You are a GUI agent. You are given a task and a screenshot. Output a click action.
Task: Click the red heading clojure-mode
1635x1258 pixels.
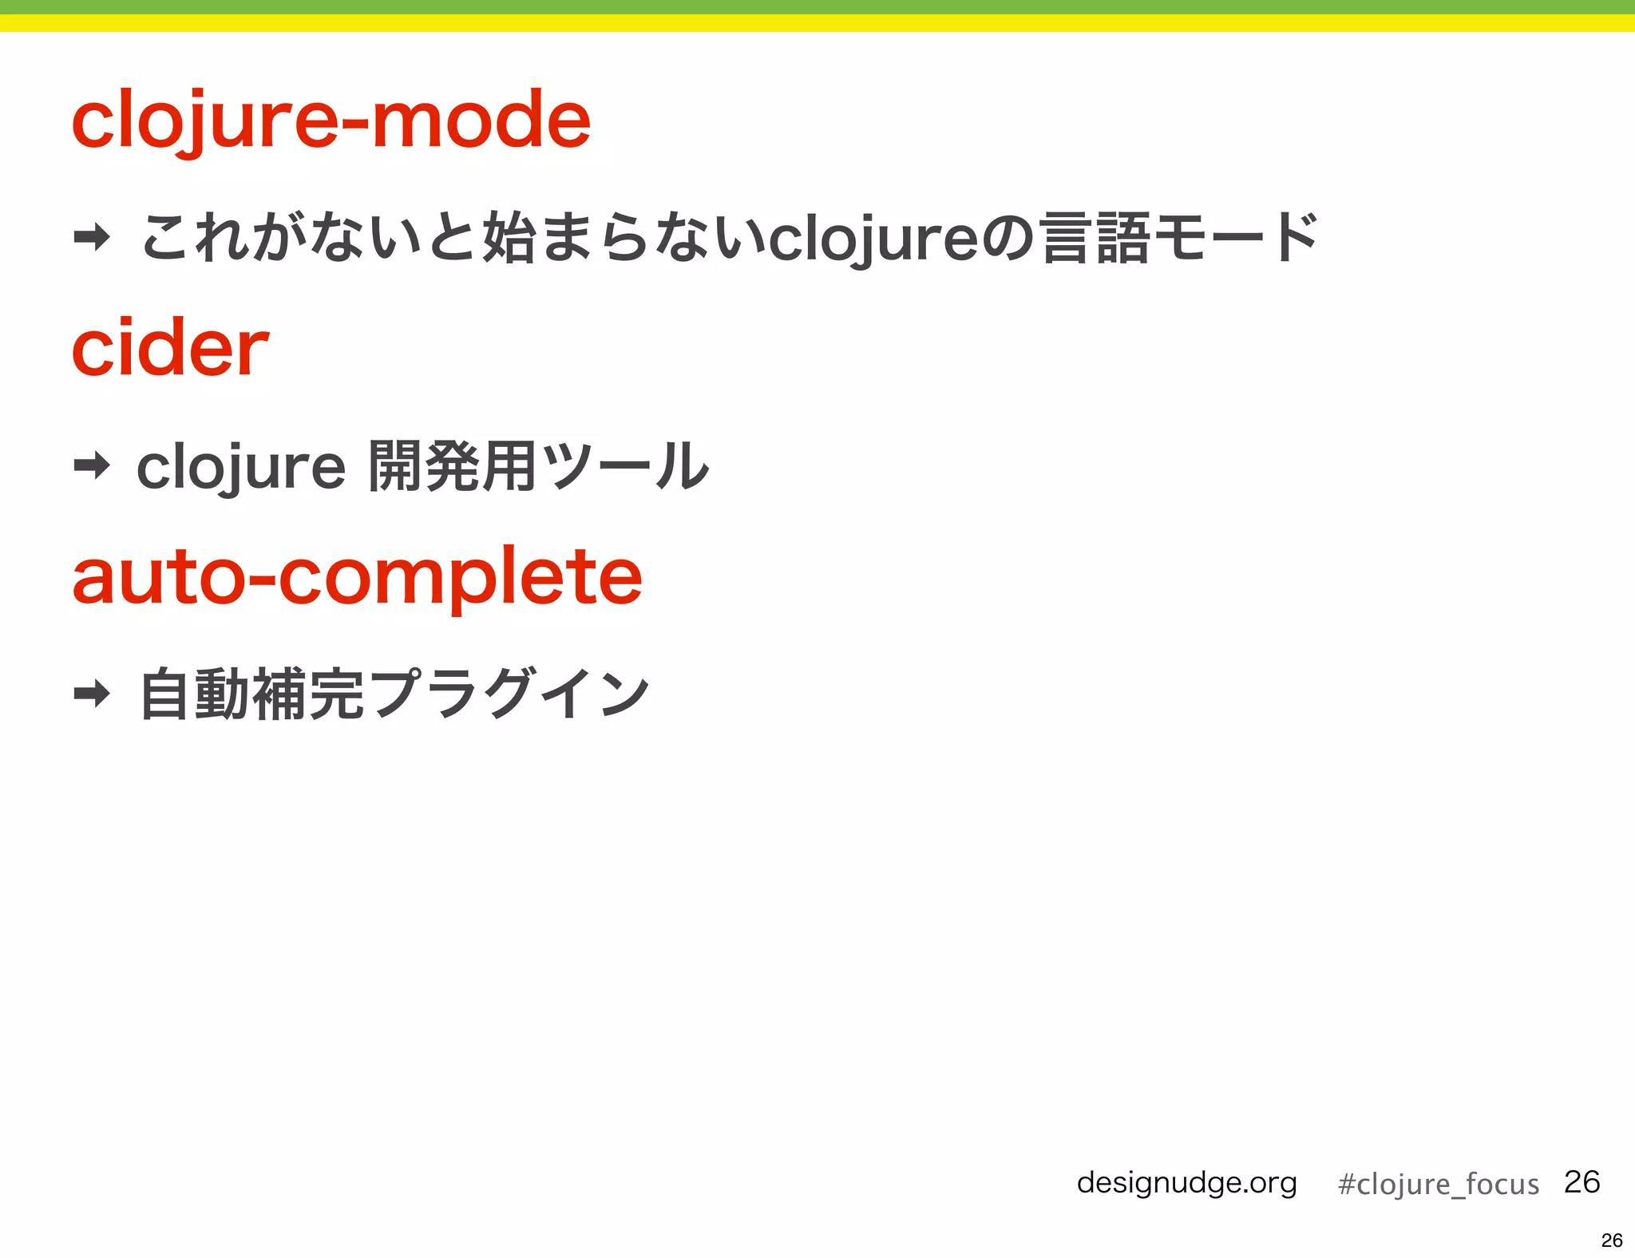[331, 121]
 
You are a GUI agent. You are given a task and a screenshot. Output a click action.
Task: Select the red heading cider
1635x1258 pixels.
[170, 348]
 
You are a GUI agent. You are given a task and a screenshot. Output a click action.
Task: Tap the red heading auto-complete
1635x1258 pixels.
[357, 576]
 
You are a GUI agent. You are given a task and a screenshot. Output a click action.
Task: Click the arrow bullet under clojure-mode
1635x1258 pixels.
[92, 237]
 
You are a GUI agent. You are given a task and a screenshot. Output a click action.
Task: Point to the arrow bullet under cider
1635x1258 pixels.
[92, 465]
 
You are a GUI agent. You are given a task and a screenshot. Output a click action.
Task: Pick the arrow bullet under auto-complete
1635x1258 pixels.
[92, 693]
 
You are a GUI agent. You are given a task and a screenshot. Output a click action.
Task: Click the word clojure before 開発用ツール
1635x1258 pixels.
[240, 467]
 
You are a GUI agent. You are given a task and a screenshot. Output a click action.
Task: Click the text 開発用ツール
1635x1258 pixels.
[539, 466]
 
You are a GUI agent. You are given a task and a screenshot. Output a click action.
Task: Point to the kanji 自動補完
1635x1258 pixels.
[251, 694]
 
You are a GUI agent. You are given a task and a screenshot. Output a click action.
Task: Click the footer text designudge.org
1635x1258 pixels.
[1186, 1182]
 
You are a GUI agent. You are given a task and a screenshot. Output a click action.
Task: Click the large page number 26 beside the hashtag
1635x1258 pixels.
[1582, 1181]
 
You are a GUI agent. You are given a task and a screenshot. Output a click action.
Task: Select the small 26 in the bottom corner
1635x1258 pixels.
[1612, 1240]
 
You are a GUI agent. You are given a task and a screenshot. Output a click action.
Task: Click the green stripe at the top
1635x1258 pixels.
[817, 7]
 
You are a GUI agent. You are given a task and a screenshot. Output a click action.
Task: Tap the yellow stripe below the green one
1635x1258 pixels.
[817, 23]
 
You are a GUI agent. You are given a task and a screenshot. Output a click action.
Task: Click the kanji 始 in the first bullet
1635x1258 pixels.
[509, 238]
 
